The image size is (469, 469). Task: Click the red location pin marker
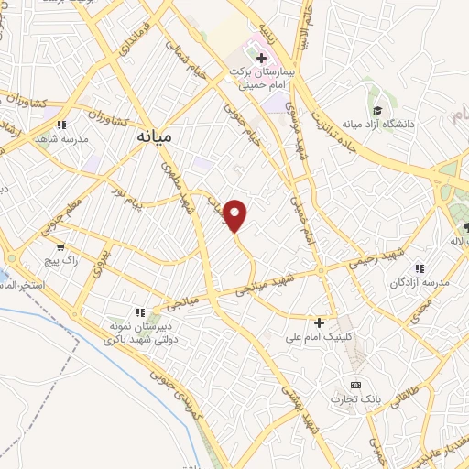pyautogui.click(x=236, y=215)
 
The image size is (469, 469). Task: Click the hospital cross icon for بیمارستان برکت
pyautogui.click(x=261, y=59)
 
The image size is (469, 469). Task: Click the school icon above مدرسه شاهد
pyautogui.click(x=61, y=125)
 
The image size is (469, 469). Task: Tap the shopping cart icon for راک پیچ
pyautogui.click(x=61, y=246)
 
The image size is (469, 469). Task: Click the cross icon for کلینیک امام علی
pyautogui.click(x=319, y=322)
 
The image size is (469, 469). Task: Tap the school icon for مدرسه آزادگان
pyautogui.click(x=420, y=269)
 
